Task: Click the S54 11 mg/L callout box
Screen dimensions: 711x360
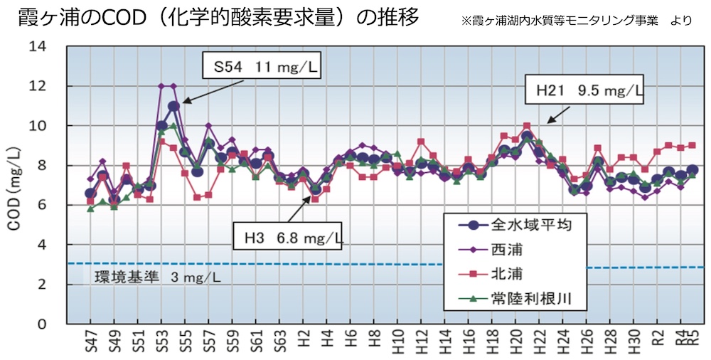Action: [x=261, y=66]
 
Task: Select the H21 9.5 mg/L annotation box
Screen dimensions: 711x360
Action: [x=584, y=90]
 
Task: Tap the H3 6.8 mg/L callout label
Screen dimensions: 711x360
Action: [x=287, y=235]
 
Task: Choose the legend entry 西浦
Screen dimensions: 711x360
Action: [x=490, y=249]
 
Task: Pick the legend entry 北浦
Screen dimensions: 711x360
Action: [x=490, y=274]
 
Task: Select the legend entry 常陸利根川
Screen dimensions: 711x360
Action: [x=515, y=298]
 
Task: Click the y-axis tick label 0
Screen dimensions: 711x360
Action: [x=42, y=324]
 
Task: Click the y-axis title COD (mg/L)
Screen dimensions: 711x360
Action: [x=14, y=189]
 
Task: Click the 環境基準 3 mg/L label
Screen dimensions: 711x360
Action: [x=157, y=277]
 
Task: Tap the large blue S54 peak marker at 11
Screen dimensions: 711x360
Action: [x=173, y=106]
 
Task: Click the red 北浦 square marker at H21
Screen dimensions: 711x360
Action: [x=526, y=126]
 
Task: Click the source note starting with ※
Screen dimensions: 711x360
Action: [x=576, y=21]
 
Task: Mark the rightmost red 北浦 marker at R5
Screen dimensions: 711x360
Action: [x=692, y=145]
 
